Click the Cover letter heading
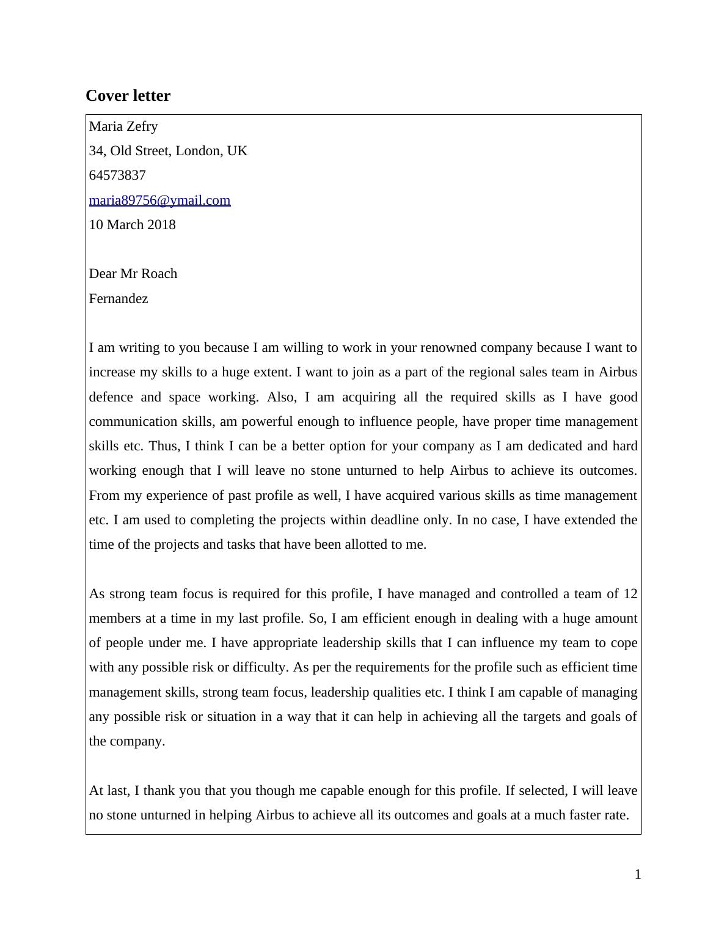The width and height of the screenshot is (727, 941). [x=128, y=96]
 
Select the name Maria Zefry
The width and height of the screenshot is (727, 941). [x=123, y=126]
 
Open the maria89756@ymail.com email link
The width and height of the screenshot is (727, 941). [x=159, y=200]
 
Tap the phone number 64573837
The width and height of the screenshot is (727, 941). [x=117, y=175]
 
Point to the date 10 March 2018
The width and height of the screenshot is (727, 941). [x=132, y=225]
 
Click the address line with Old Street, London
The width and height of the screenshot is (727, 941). [x=168, y=151]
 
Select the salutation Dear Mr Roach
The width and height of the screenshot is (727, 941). [x=133, y=274]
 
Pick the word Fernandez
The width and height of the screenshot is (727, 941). [x=119, y=299]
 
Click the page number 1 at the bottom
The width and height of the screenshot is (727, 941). [x=638, y=874]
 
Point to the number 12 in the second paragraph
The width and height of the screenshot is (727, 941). [x=630, y=594]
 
